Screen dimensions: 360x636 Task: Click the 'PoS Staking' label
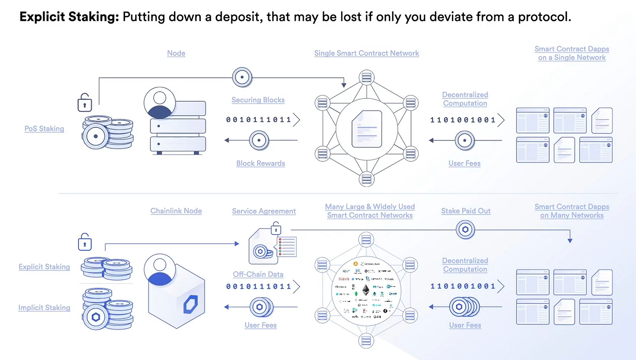click(44, 129)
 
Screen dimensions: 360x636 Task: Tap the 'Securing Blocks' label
click(258, 100)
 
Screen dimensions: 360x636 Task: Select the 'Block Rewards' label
click(260, 163)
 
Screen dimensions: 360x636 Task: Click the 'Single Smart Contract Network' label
click(366, 53)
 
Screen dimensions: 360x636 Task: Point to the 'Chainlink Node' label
click(176, 211)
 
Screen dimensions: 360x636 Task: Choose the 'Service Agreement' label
click(263, 211)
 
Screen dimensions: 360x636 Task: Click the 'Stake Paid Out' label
click(466, 211)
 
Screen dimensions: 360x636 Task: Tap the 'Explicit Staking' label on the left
click(44, 267)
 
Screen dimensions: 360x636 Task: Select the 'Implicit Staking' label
click(44, 308)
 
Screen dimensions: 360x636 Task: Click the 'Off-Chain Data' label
click(258, 274)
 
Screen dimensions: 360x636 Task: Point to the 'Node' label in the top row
click(176, 53)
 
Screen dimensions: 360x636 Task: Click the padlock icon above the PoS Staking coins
click(84, 103)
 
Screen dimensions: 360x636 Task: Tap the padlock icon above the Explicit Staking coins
click(84, 242)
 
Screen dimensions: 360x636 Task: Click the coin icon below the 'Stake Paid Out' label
click(465, 230)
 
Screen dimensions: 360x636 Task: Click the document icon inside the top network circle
click(366, 129)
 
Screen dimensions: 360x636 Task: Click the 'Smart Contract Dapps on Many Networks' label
click(571, 211)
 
